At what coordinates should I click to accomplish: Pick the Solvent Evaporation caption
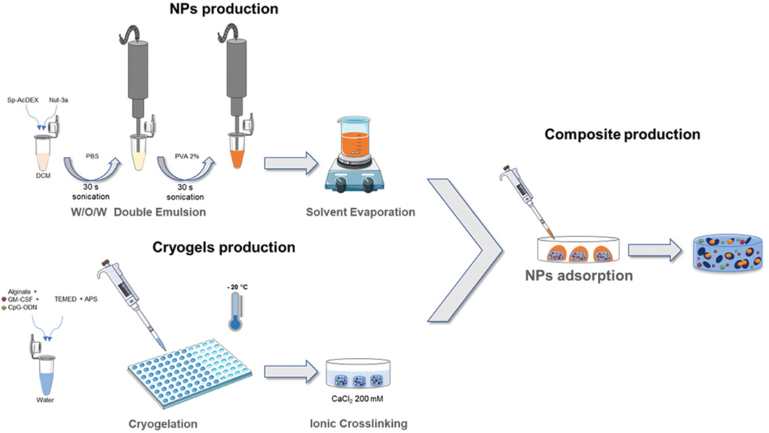point(360,212)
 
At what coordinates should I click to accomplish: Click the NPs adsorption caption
point(578,275)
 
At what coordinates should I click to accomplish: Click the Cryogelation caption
point(163,423)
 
